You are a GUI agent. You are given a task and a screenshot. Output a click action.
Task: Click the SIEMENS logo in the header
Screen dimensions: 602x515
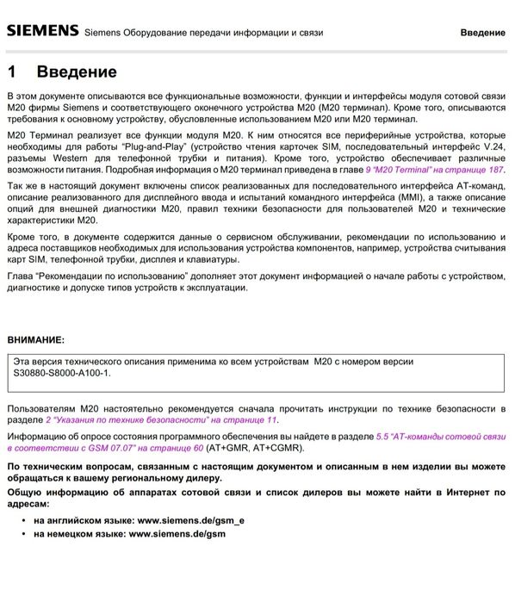[43, 31]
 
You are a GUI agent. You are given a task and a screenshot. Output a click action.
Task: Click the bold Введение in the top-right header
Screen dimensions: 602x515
[482, 33]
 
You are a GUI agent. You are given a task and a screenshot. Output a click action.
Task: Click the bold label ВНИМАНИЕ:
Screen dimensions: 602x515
[35, 340]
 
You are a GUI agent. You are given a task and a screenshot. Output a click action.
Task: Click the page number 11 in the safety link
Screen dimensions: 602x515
[271, 419]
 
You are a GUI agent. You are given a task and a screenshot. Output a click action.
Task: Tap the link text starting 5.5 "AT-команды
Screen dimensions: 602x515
[440, 437]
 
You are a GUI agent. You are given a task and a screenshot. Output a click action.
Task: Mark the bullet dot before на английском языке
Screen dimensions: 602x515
[22, 521]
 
